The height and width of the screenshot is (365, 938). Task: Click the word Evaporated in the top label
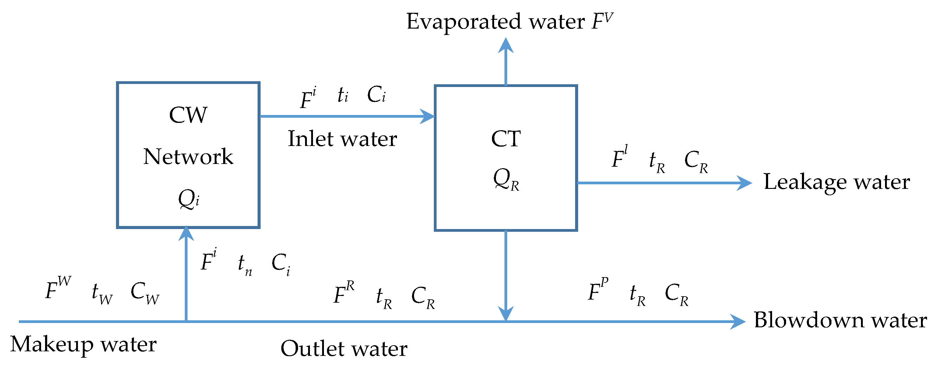(x=465, y=22)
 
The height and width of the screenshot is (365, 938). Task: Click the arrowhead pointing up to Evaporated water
(x=506, y=46)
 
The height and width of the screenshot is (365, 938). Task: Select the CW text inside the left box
(x=188, y=115)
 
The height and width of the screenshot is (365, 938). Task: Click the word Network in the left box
(x=188, y=157)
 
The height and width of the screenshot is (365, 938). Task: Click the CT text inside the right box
(x=506, y=139)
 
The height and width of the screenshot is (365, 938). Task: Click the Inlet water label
(x=342, y=139)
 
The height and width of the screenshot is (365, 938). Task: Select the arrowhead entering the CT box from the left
(x=427, y=116)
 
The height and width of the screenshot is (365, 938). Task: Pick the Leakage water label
(x=836, y=182)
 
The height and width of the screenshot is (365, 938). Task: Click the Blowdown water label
(x=840, y=320)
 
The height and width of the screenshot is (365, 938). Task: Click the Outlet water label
(x=344, y=349)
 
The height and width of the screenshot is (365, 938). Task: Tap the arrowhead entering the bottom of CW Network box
(x=186, y=234)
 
